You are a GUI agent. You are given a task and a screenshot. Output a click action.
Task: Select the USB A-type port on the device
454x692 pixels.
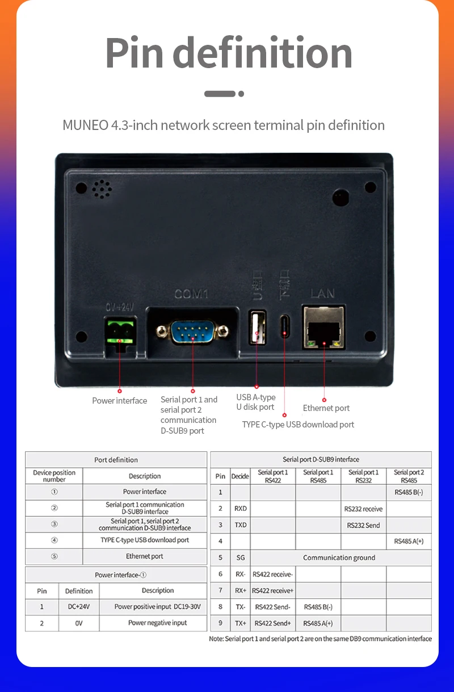click(257, 327)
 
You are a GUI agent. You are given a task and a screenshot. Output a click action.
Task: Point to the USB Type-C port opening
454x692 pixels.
click(284, 328)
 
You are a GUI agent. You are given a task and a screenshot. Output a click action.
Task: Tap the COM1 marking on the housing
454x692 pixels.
click(191, 294)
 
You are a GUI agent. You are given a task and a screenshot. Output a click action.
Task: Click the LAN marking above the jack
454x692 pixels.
click(322, 293)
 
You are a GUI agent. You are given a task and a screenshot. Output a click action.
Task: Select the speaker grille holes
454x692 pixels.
click(102, 189)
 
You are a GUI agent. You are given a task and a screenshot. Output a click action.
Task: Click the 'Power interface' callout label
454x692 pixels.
click(119, 401)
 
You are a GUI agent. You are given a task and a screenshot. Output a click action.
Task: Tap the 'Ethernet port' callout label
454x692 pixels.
click(326, 408)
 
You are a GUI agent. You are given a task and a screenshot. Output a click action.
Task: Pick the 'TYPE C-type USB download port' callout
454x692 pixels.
click(298, 425)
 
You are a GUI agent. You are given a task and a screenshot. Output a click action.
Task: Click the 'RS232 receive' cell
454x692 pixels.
click(363, 509)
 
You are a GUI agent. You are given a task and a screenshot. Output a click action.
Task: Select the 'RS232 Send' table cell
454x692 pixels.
click(363, 525)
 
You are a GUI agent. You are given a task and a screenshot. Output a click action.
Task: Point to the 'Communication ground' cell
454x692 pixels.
click(339, 557)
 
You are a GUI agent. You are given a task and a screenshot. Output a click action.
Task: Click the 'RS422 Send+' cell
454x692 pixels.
click(272, 623)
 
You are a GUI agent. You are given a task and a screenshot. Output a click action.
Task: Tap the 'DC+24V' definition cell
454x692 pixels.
click(78, 607)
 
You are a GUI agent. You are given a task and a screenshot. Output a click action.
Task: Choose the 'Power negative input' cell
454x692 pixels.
click(157, 623)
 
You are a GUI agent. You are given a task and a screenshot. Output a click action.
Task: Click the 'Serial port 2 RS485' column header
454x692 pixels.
click(409, 476)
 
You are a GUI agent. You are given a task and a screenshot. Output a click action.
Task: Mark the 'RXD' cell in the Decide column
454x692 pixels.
click(240, 509)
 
